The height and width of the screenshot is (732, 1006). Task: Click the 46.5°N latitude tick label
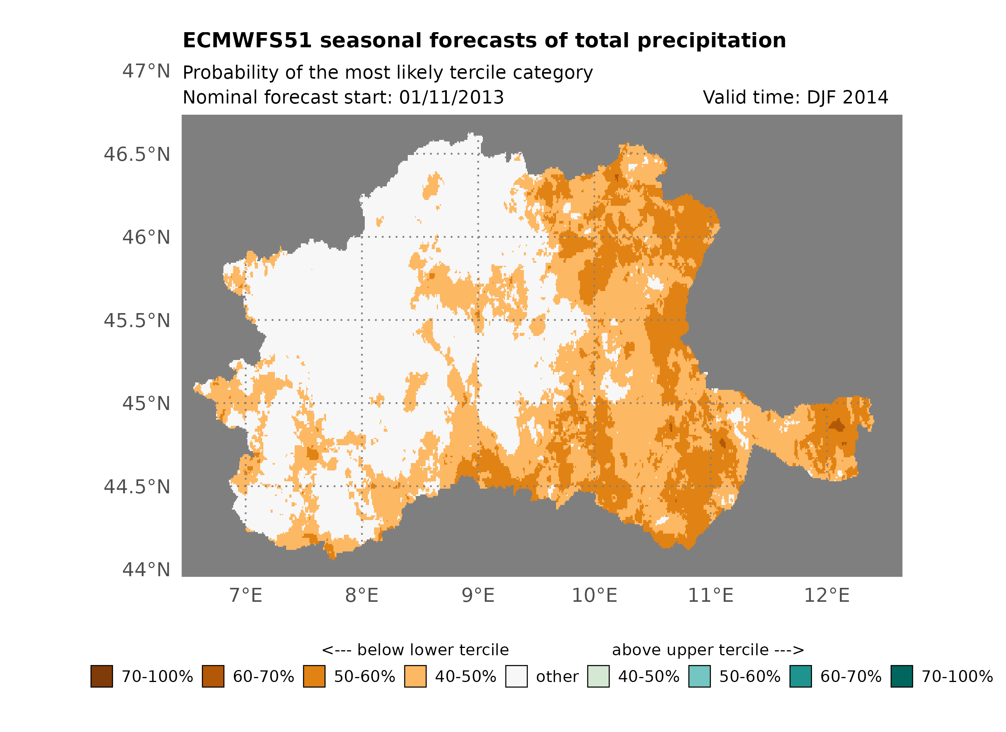(x=137, y=155)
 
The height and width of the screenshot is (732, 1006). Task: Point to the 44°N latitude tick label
(x=146, y=570)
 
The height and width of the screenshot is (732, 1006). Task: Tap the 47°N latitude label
(x=146, y=71)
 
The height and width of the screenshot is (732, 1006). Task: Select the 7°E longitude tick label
(x=246, y=595)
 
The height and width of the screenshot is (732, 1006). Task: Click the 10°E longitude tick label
(x=594, y=595)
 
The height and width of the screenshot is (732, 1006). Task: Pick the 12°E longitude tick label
(x=826, y=595)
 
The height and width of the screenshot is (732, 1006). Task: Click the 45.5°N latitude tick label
(x=137, y=320)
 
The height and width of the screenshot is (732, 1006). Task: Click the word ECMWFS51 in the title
(x=247, y=41)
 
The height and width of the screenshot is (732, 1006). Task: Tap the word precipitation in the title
(x=711, y=41)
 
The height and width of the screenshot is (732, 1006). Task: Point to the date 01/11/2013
(x=451, y=97)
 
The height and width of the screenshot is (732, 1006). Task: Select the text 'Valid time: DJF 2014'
(x=795, y=97)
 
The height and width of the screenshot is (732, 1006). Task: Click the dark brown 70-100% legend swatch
(x=101, y=676)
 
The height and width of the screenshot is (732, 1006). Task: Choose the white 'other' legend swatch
(x=516, y=676)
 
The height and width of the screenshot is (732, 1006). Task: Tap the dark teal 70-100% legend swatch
(x=902, y=676)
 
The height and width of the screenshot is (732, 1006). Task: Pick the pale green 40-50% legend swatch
(x=598, y=676)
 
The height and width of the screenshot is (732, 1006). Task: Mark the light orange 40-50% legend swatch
(x=415, y=676)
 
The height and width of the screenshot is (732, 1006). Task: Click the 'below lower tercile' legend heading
(x=415, y=650)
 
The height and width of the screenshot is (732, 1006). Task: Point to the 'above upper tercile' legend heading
(x=707, y=650)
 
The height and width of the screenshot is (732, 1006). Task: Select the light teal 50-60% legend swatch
(x=699, y=676)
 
